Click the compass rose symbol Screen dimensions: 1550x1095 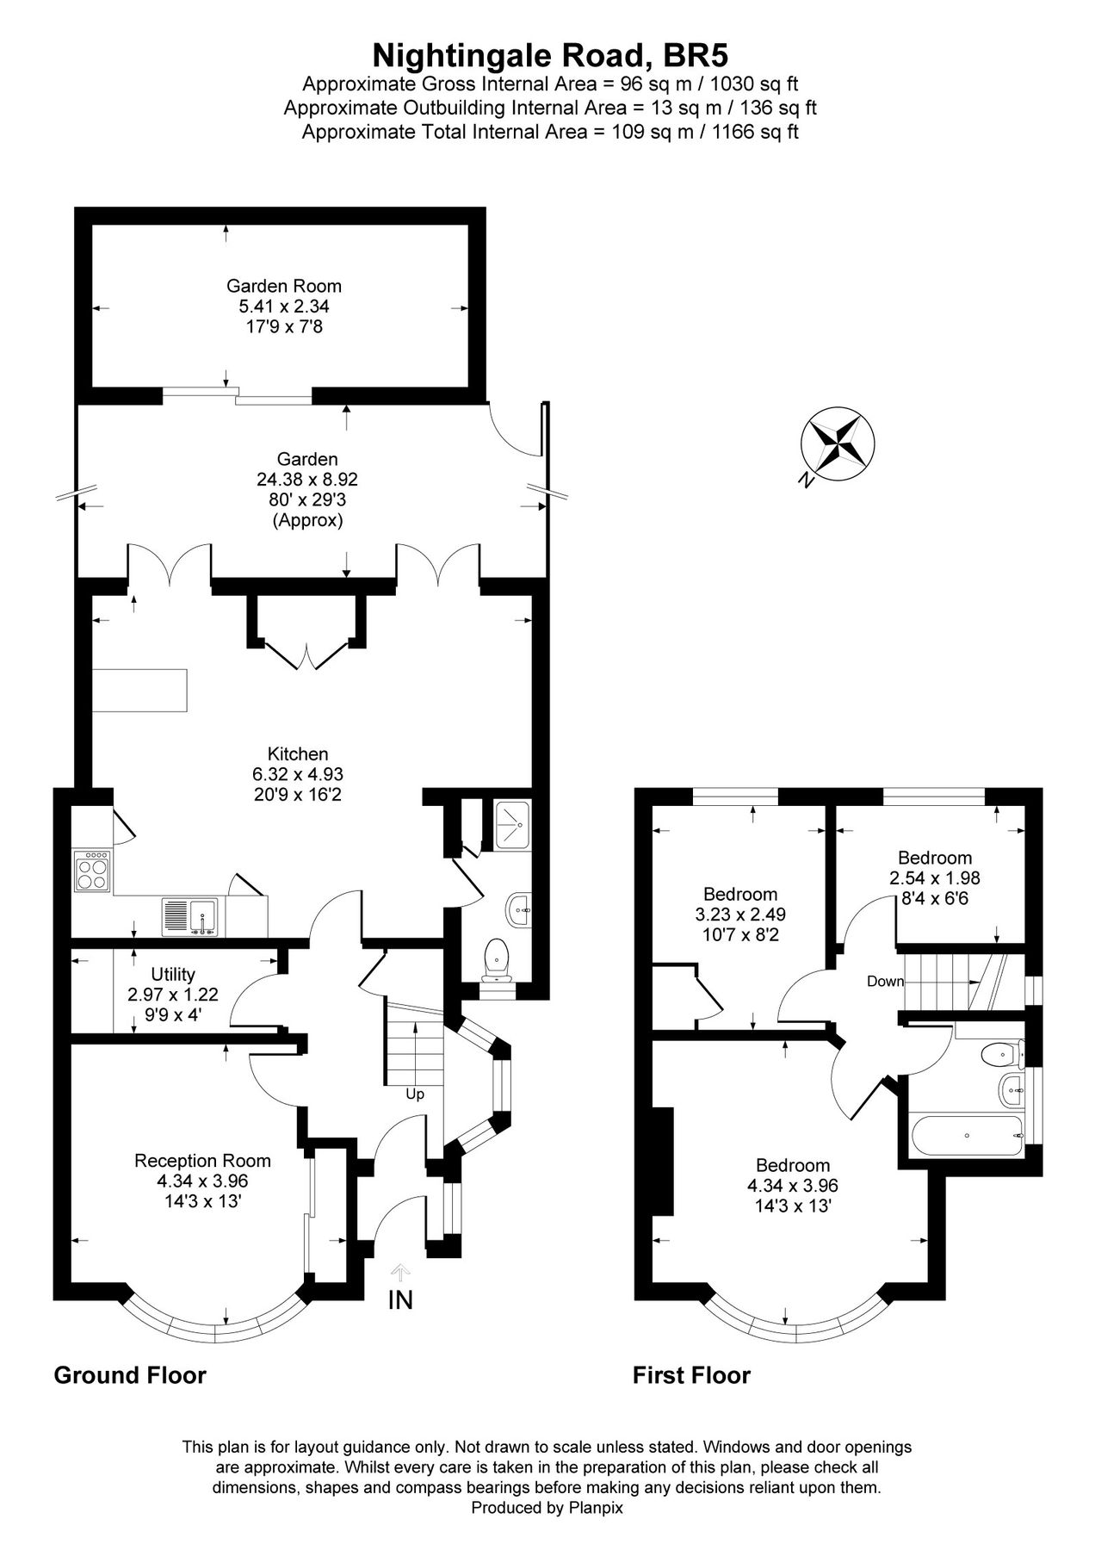[838, 443]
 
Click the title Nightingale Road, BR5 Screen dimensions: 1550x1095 [550, 55]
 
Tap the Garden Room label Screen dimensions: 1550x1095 [284, 286]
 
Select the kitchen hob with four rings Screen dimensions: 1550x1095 [93, 870]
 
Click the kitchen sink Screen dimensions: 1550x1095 [192, 917]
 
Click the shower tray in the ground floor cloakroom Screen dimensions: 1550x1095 [512, 824]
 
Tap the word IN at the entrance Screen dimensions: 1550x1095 [400, 1300]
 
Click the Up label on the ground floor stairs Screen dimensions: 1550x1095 [415, 1094]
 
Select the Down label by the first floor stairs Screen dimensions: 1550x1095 [885, 982]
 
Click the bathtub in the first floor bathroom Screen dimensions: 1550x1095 [968, 1135]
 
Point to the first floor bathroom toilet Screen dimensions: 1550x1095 [1000, 1052]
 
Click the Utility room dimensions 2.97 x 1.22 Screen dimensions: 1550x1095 [173, 994]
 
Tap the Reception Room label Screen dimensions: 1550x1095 [202, 1161]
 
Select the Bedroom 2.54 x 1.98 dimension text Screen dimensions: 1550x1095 [935, 878]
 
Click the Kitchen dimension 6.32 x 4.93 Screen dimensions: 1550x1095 [298, 774]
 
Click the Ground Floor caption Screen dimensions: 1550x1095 [130, 1375]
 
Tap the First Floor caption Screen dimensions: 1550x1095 [691, 1375]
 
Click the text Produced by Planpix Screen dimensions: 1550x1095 [547, 1508]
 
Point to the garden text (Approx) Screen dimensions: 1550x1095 [307, 521]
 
